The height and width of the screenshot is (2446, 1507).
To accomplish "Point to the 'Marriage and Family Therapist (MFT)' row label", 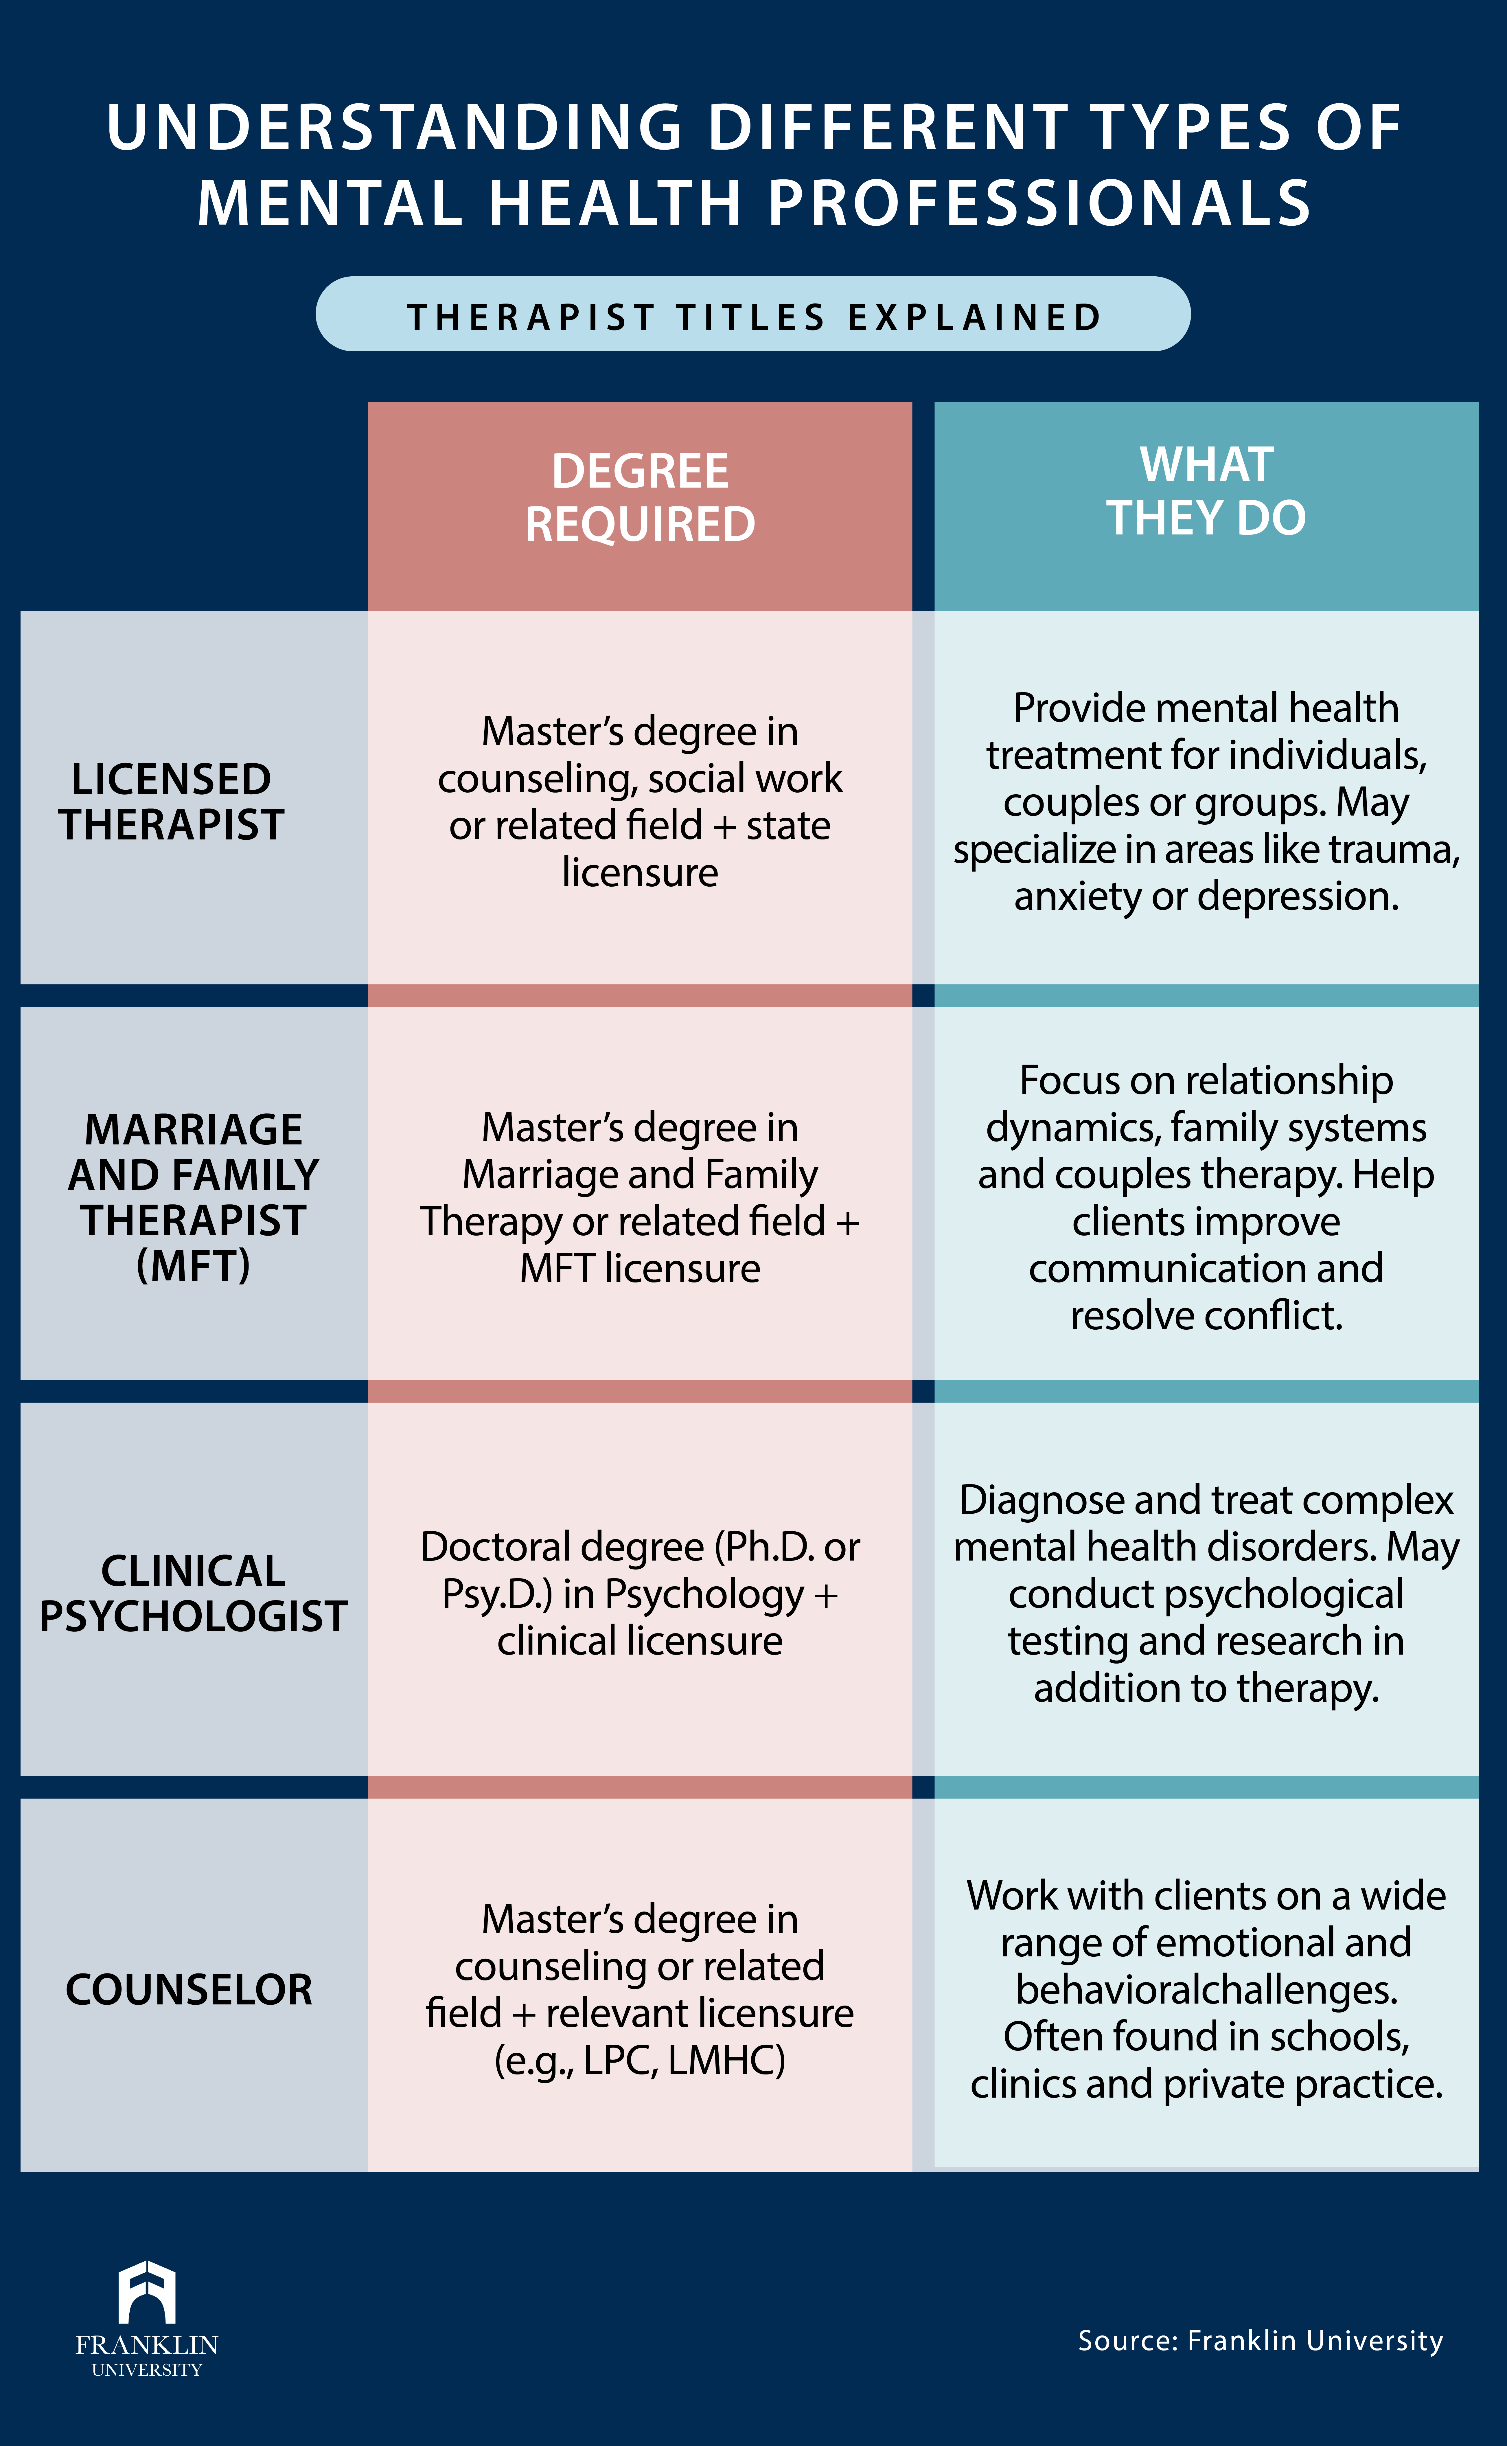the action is pyautogui.click(x=193, y=1197).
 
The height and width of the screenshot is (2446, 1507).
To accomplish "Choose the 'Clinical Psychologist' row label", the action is pyautogui.click(x=193, y=1593).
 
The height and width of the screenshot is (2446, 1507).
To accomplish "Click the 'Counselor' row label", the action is pyautogui.click(x=189, y=1989).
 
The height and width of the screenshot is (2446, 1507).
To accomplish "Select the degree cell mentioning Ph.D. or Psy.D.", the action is pyautogui.click(x=640, y=1593).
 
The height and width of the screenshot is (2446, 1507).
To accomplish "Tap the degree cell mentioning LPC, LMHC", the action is pyautogui.click(x=640, y=1989).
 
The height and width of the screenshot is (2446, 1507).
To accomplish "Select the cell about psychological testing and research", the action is pyautogui.click(x=1206, y=1593).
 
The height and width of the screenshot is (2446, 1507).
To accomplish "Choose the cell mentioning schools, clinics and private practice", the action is pyautogui.click(x=1206, y=1989).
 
